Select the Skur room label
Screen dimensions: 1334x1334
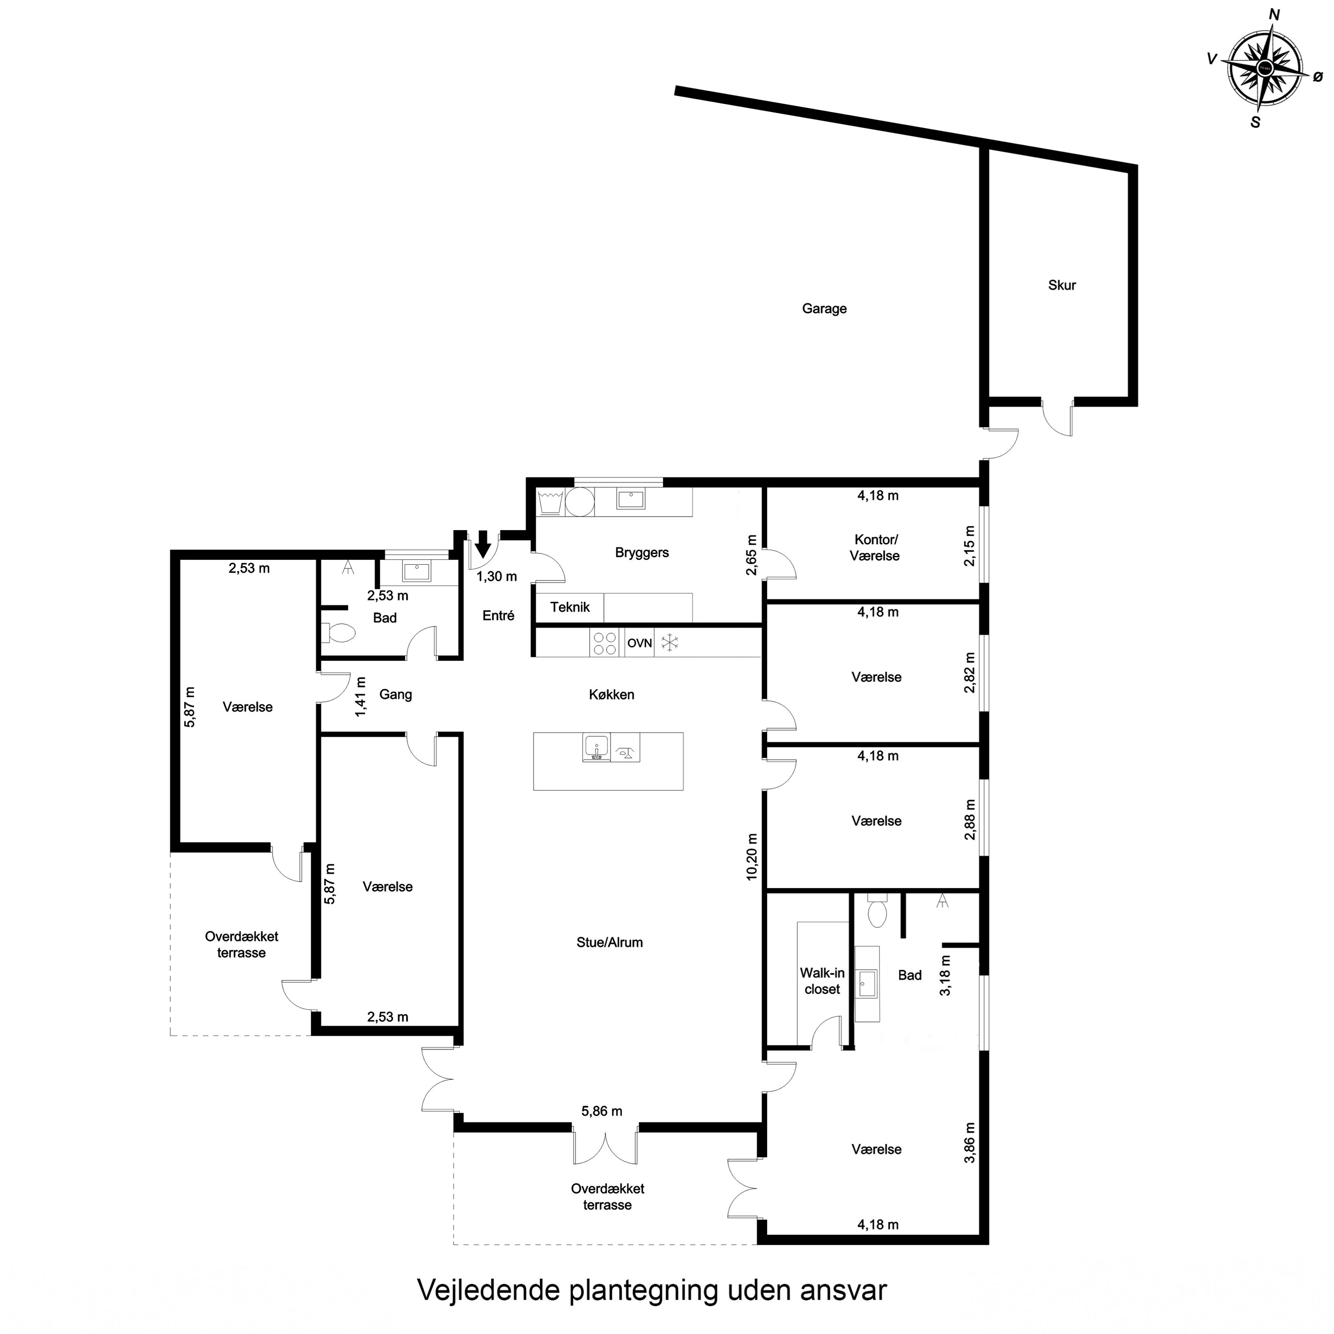[x=1061, y=285]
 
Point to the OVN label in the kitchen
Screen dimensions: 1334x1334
[x=639, y=643]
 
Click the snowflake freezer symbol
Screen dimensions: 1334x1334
[x=670, y=643]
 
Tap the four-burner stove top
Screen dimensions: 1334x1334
[x=605, y=643]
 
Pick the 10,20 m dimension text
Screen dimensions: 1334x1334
[x=752, y=856]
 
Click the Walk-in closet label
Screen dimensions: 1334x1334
[x=822, y=980]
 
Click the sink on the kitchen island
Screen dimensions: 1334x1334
[x=596, y=747]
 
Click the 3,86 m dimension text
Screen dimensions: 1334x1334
[x=970, y=1143]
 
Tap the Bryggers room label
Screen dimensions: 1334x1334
[x=642, y=552]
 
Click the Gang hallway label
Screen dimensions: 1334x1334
[x=396, y=694]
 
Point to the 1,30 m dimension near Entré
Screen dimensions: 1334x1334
[x=496, y=576]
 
